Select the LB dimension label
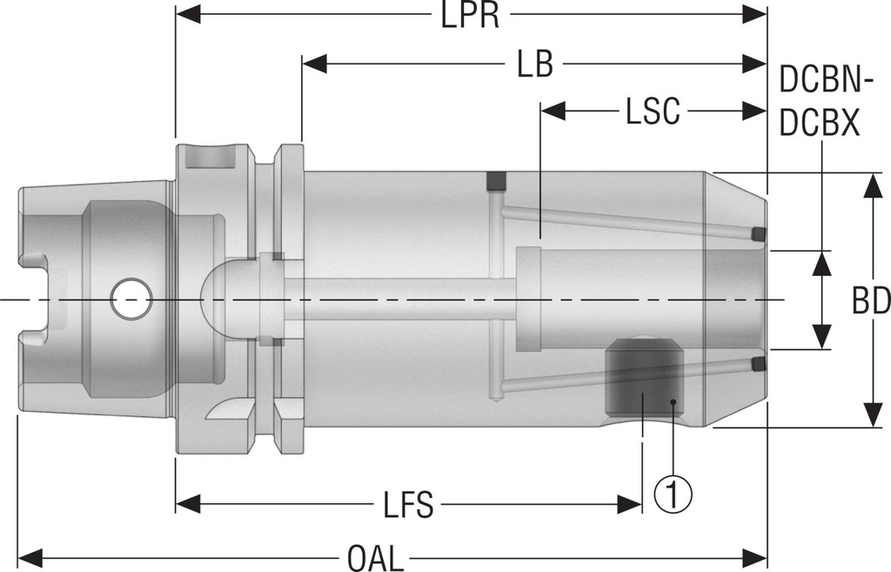[x=534, y=64]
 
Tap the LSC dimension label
[x=653, y=111]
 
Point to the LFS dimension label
[x=408, y=506]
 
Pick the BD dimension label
[x=870, y=301]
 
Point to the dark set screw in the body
[x=642, y=379]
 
